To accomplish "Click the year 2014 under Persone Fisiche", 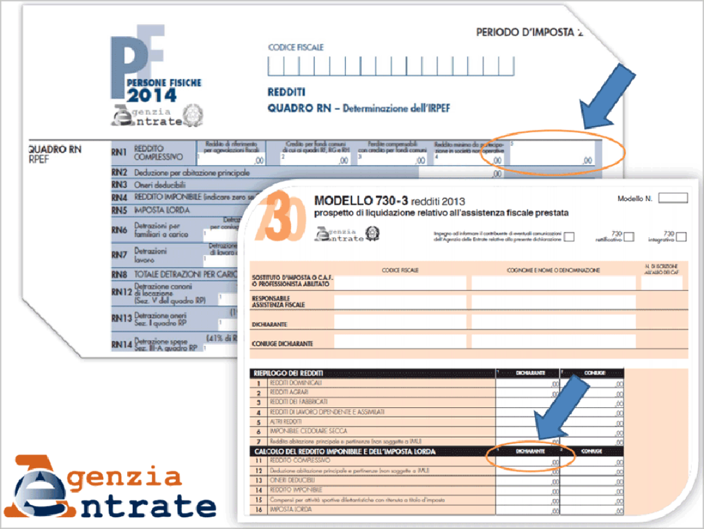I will [151, 95].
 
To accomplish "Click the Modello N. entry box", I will [673, 198].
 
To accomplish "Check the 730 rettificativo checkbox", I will [629, 236].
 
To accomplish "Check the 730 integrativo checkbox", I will [681, 236].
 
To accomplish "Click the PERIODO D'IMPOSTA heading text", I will [529, 33].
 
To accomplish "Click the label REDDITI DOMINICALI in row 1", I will [297, 383].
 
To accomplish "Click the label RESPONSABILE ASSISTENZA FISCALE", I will [279, 301].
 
